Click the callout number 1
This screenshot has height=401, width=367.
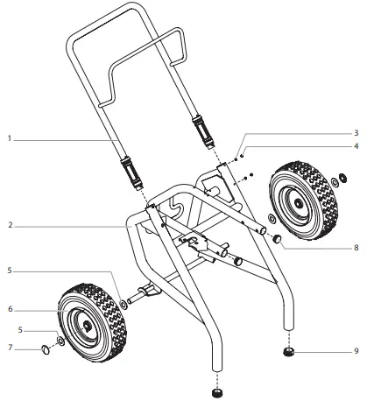tap(7, 138)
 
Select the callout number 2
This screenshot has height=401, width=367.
tap(7, 226)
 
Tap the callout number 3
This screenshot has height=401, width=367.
tap(357, 132)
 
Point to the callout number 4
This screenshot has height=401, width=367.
tap(357, 145)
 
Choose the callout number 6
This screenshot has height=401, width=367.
tap(7, 308)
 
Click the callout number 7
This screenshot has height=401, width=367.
tap(7, 348)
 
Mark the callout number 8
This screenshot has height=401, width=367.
tap(357, 248)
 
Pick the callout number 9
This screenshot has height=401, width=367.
tap(357, 352)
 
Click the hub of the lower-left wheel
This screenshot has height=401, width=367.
tap(88, 323)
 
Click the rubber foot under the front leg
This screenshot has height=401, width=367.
tap(216, 382)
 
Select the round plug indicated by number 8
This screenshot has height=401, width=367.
tap(275, 238)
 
